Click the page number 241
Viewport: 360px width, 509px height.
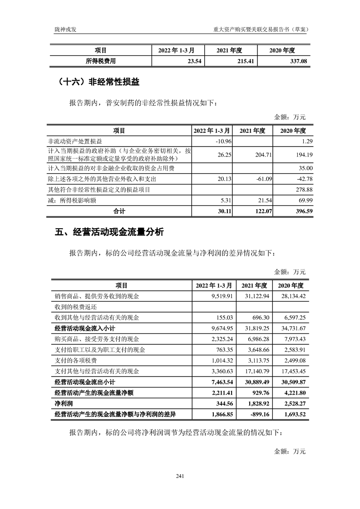click(x=180, y=475)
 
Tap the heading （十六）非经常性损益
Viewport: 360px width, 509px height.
click(x=99, y=82)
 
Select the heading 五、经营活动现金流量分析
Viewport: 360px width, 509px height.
click(x=109, y=232)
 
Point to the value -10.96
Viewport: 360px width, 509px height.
click(x=224, y=142)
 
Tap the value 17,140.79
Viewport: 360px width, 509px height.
click(x=257, y=371)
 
